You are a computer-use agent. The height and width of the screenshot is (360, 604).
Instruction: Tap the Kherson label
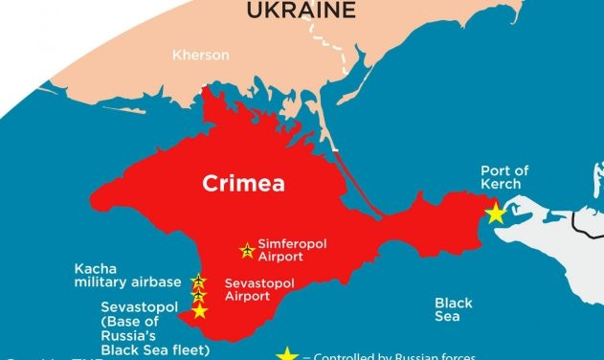201,56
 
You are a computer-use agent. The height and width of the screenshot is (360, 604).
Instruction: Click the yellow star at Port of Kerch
495,214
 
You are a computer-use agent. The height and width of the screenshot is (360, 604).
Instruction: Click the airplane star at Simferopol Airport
247,251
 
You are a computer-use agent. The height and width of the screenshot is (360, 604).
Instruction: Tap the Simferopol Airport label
292,251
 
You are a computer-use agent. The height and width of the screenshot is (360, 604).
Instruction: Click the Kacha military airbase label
126,276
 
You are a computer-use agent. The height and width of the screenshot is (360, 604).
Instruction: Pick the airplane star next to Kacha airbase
198,281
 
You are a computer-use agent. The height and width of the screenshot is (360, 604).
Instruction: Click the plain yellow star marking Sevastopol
199,311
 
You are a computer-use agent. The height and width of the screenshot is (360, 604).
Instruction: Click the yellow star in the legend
286,354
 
